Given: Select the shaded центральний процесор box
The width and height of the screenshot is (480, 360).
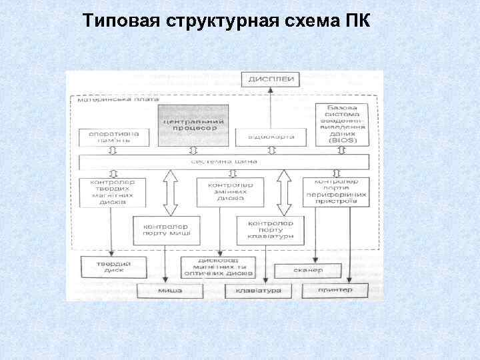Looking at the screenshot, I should (192, 124).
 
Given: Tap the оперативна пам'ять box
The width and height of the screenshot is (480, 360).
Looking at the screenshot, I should (109, 137).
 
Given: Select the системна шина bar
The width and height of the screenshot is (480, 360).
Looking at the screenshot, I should (224, 161).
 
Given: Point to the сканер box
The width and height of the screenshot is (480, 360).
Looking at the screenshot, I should (307, 271).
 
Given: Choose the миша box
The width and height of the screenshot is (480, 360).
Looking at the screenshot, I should (170, 291).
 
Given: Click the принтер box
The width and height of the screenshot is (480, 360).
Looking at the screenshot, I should (335, 291).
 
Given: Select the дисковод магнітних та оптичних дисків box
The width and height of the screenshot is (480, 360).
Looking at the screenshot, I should (218, 267).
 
